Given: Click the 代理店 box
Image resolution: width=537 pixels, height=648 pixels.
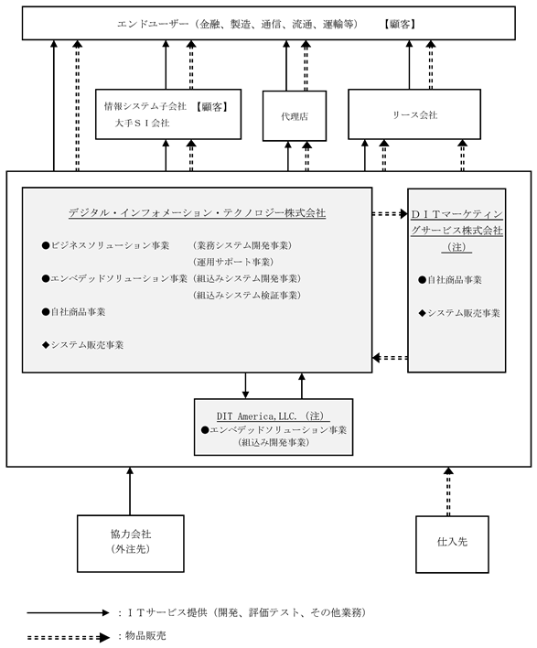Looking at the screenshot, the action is tap(295, 116).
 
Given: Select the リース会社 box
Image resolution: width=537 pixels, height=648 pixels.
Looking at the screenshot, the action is tap(414, 114).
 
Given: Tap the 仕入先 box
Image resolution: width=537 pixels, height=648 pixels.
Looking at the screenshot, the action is tap(452, 545).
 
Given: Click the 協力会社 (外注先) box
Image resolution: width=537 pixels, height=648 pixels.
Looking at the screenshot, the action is tap(131, 544).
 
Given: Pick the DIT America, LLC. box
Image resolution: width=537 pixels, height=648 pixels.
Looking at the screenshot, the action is tap(274, 427).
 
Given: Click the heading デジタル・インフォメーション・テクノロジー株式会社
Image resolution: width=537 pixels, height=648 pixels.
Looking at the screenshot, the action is tap(197, 213).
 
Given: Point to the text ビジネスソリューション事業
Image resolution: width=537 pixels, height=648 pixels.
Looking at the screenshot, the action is tap(110, 245).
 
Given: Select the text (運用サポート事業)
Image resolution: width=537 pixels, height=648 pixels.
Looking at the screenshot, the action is tap(233, 262).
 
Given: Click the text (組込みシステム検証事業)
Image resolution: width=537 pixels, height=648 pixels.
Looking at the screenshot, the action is tap(247, 295).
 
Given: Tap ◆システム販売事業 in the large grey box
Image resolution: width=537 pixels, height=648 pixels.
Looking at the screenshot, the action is tap(82, 345).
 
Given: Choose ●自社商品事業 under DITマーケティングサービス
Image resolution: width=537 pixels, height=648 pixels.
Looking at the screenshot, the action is tap(450, 280).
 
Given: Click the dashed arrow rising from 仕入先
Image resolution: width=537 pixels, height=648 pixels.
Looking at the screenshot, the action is tap(448, 491).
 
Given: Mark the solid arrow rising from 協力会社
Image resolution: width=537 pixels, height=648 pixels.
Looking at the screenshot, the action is tap(130, 491).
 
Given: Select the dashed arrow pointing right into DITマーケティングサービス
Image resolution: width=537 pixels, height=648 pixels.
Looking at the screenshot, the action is tap(390, 213).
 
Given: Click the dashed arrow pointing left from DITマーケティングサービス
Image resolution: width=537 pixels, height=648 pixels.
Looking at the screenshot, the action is tap(390, 358).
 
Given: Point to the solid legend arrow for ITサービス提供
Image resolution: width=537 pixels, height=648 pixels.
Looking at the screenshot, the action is tap(69, 612).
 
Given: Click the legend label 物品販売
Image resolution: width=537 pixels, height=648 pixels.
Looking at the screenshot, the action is tap(145, 635).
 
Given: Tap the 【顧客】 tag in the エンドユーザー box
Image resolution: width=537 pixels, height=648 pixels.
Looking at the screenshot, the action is tap(400, 24).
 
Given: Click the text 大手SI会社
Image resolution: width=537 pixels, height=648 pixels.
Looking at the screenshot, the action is tap(142, 124).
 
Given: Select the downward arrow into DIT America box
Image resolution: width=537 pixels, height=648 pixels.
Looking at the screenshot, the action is tap(245, 385).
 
